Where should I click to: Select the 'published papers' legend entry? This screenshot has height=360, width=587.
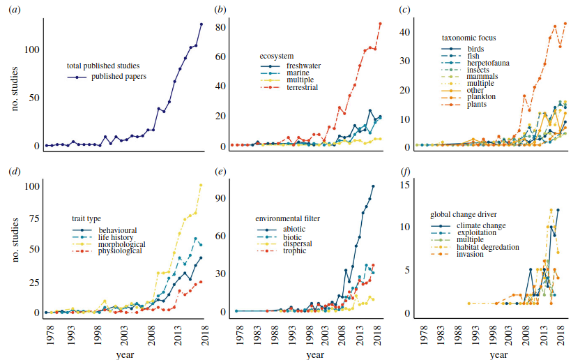click(119, 77)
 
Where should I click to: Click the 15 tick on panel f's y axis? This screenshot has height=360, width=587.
click(406, 184)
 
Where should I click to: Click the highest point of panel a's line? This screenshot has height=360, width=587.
click(201, 24)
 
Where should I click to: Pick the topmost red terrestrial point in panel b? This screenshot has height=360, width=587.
click(380, 24)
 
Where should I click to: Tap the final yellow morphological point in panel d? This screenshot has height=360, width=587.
click(201, 185)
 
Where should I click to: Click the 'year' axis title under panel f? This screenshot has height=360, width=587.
click(498, 355)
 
